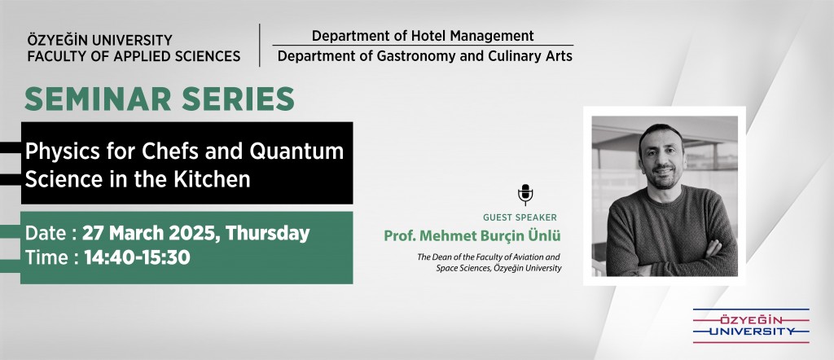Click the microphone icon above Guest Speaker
point(525,195)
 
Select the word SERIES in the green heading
point(239,99)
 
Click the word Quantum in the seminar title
point(296,151)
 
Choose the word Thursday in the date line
point(267,234)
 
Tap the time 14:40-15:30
point(137,258)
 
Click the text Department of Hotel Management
point(423,36)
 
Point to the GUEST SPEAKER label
point(520,217)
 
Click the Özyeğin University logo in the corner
point(751,326)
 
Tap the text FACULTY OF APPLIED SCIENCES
point(134,56)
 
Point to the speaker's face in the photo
point(661,157)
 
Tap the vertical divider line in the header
point(260,45)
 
